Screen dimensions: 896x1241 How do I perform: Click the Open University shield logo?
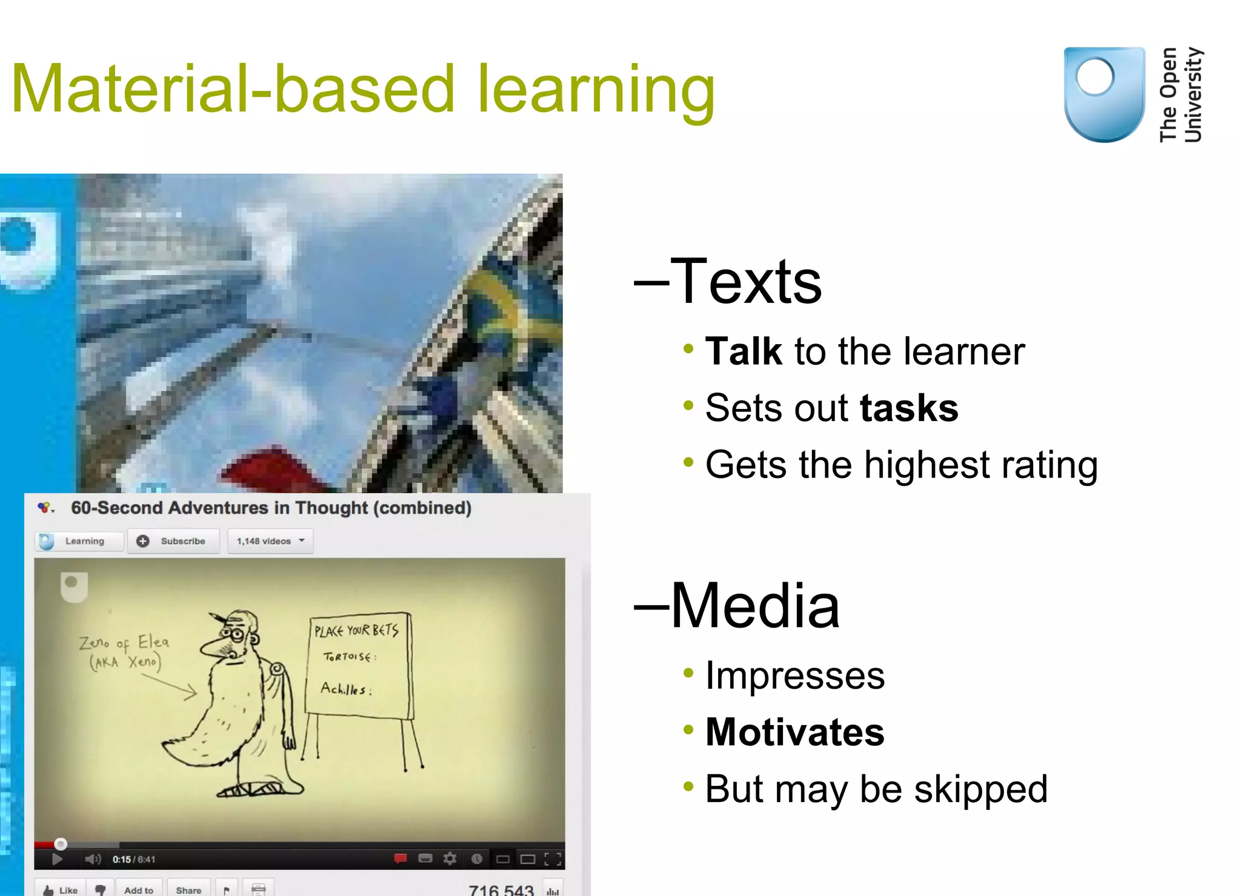[x=1104, y=94]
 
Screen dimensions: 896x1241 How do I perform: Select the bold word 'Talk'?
[x=744, y=351]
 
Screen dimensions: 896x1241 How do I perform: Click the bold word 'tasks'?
[x=908, y=408]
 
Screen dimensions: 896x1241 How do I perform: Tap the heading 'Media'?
[x=754, y=606]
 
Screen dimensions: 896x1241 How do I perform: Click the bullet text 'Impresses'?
[x=794, y=676]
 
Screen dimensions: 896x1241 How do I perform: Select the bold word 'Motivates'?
[x=794, y=732]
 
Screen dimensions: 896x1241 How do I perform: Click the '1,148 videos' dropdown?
[x=270, y=541]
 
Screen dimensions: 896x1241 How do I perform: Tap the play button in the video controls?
[x=57, y=859]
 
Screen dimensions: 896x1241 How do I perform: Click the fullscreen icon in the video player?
[x=552, y=859]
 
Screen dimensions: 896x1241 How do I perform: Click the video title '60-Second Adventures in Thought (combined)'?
[x=271, y=508]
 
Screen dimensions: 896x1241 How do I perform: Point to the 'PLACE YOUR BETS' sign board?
[x=359, y=665]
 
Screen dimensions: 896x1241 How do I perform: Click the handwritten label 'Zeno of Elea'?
[x=124, y=642]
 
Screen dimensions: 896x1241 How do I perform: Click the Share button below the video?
[x=188, y=889]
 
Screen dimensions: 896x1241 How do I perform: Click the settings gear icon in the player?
[x=450, y=858]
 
